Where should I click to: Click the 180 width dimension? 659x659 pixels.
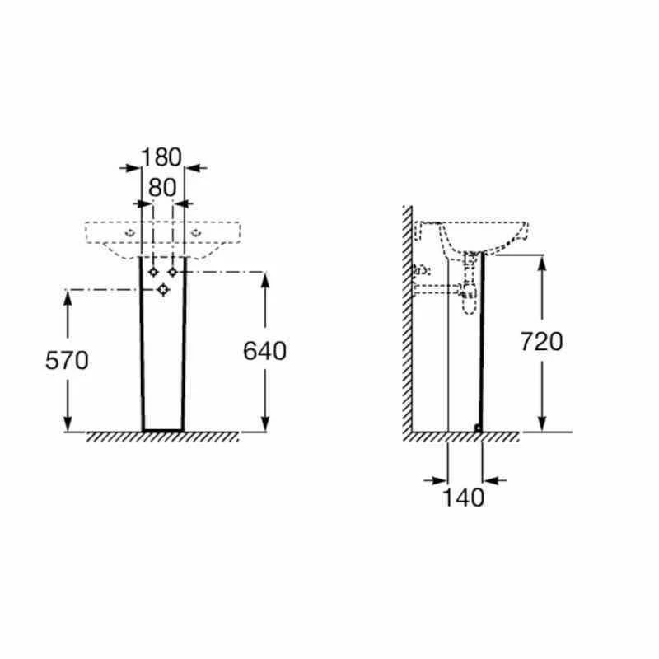[x=161, y=157]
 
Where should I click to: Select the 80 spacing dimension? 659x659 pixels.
[x=162, y=188]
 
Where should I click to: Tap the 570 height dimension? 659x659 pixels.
[x=67, y=360]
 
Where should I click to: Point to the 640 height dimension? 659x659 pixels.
[x=264, y=351]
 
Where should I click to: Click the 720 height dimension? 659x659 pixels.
[x=541, y=341]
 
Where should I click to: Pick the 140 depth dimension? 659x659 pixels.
[x=464, y=497]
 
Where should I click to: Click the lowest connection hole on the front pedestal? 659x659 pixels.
[x=163, y=288]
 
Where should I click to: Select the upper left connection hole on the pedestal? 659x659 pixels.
[x=153, y=272]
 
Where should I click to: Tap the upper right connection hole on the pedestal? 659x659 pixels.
[x=173, y=272]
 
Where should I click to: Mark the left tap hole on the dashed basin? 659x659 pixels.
[x=129, y=234]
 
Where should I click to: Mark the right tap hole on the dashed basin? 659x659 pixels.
[x=197, y=234]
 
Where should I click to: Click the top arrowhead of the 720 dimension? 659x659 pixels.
[x=541, y=263]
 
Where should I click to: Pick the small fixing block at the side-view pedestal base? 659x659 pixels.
[x=478, y=427]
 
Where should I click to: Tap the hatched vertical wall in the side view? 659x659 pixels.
[x=407, y=321]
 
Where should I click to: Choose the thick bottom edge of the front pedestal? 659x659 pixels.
[x=162, y=430]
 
